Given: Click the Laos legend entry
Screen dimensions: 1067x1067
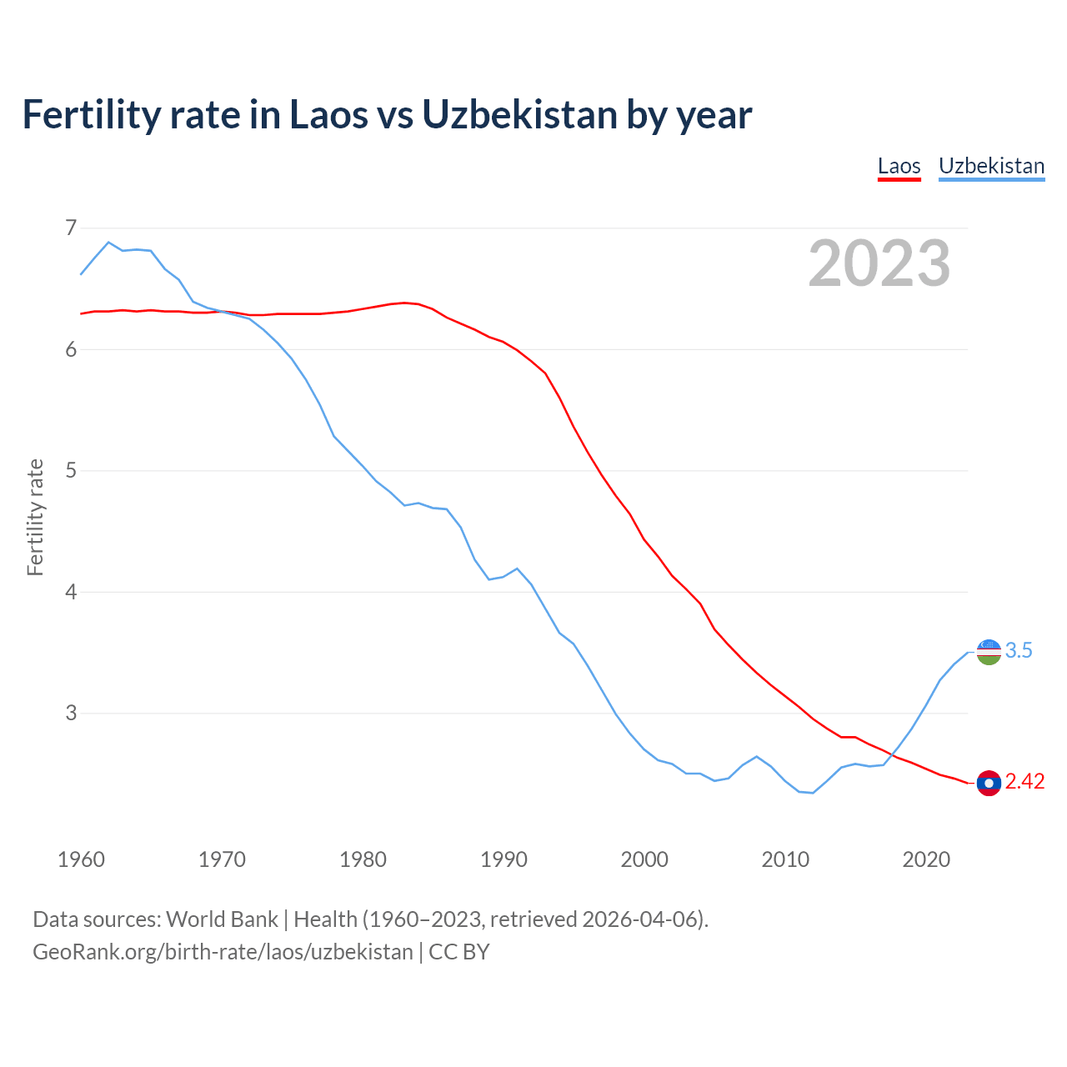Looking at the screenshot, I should pyautogui.click(x=899, y=166).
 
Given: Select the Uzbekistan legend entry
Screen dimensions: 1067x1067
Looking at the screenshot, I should pyautogui.click(x=991, y=166).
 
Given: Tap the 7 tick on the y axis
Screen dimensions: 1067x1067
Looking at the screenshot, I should pyautogui.click(x=71, y=228).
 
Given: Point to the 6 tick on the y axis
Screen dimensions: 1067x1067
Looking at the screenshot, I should pyautogui.click(x=71, y=349).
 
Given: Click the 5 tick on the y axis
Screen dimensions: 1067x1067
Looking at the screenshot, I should pyautogui.click(x=71, y=470).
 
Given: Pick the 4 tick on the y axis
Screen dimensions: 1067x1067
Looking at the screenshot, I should pyautogui.click(x=71, y=592).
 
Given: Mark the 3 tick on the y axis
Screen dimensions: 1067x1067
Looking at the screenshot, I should pyautogui.click(x=71, y=713).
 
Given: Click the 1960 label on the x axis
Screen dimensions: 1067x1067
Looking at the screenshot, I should pyautogui.click(x=81, y=859).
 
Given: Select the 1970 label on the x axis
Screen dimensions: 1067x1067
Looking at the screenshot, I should pyautogui.click(x=222, y=859).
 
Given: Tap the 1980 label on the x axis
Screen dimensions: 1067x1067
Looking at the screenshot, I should pyautogui.click(x=363, y=859).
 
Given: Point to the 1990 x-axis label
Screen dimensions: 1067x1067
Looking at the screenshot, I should pyautogui.click(x=503, y=859).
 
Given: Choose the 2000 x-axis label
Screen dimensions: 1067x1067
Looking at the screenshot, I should pyautogui.click(x=644, y=859).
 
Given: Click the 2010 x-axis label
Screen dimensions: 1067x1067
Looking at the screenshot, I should pyautogui.click(x=785, y=859).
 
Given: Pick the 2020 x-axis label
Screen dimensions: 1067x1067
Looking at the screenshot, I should pyautogui.click(x=926, y=859).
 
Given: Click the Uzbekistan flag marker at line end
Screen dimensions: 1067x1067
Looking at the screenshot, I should pyautogui.click(x=989, y=652).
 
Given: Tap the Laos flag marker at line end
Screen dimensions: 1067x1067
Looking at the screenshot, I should pyautogui.click(x=989, y=783).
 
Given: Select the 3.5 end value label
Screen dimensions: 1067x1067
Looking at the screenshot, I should pyautogui.click(x=1019, y=651).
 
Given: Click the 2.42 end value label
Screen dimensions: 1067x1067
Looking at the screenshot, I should pyautogui.click(x=1024, y=782).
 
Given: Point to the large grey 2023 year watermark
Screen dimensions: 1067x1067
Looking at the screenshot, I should pyautogui.click(x=879, y=263).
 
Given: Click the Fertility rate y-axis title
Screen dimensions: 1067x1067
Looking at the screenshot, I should pyautogui.click(x=35, y=517).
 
